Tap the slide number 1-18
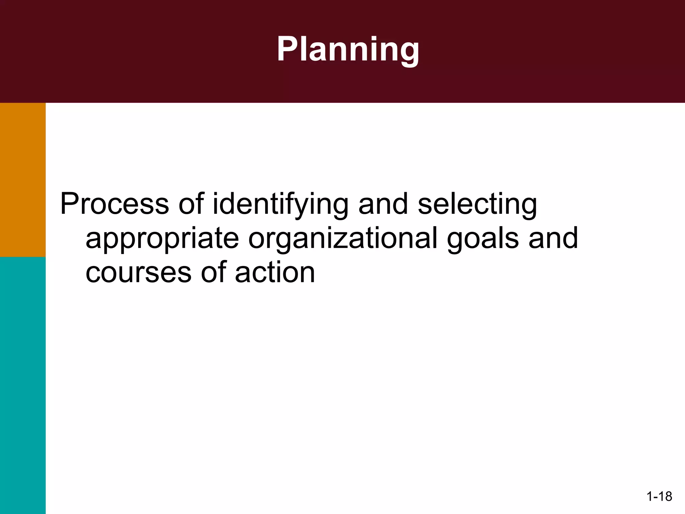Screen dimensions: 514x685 click(x=659, y=497)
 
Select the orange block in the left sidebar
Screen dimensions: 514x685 click(x=23, y=180)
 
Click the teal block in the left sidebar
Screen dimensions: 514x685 click(x=23, y=385)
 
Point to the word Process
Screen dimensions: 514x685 click(x=114, y=204)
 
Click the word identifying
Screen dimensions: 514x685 click(x=280, y=205)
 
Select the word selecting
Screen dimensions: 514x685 click(x=477, y=205)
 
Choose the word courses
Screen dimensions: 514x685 click(x=138, y=272)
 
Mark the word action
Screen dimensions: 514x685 click(x=275, y=272)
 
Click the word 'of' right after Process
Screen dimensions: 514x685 click(x=191, y=204)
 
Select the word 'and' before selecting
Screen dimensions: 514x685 click(x=383, y=204)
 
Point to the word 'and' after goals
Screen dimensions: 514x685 click(x=553, y=238)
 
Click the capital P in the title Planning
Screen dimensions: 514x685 click(x=287, y=49)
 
